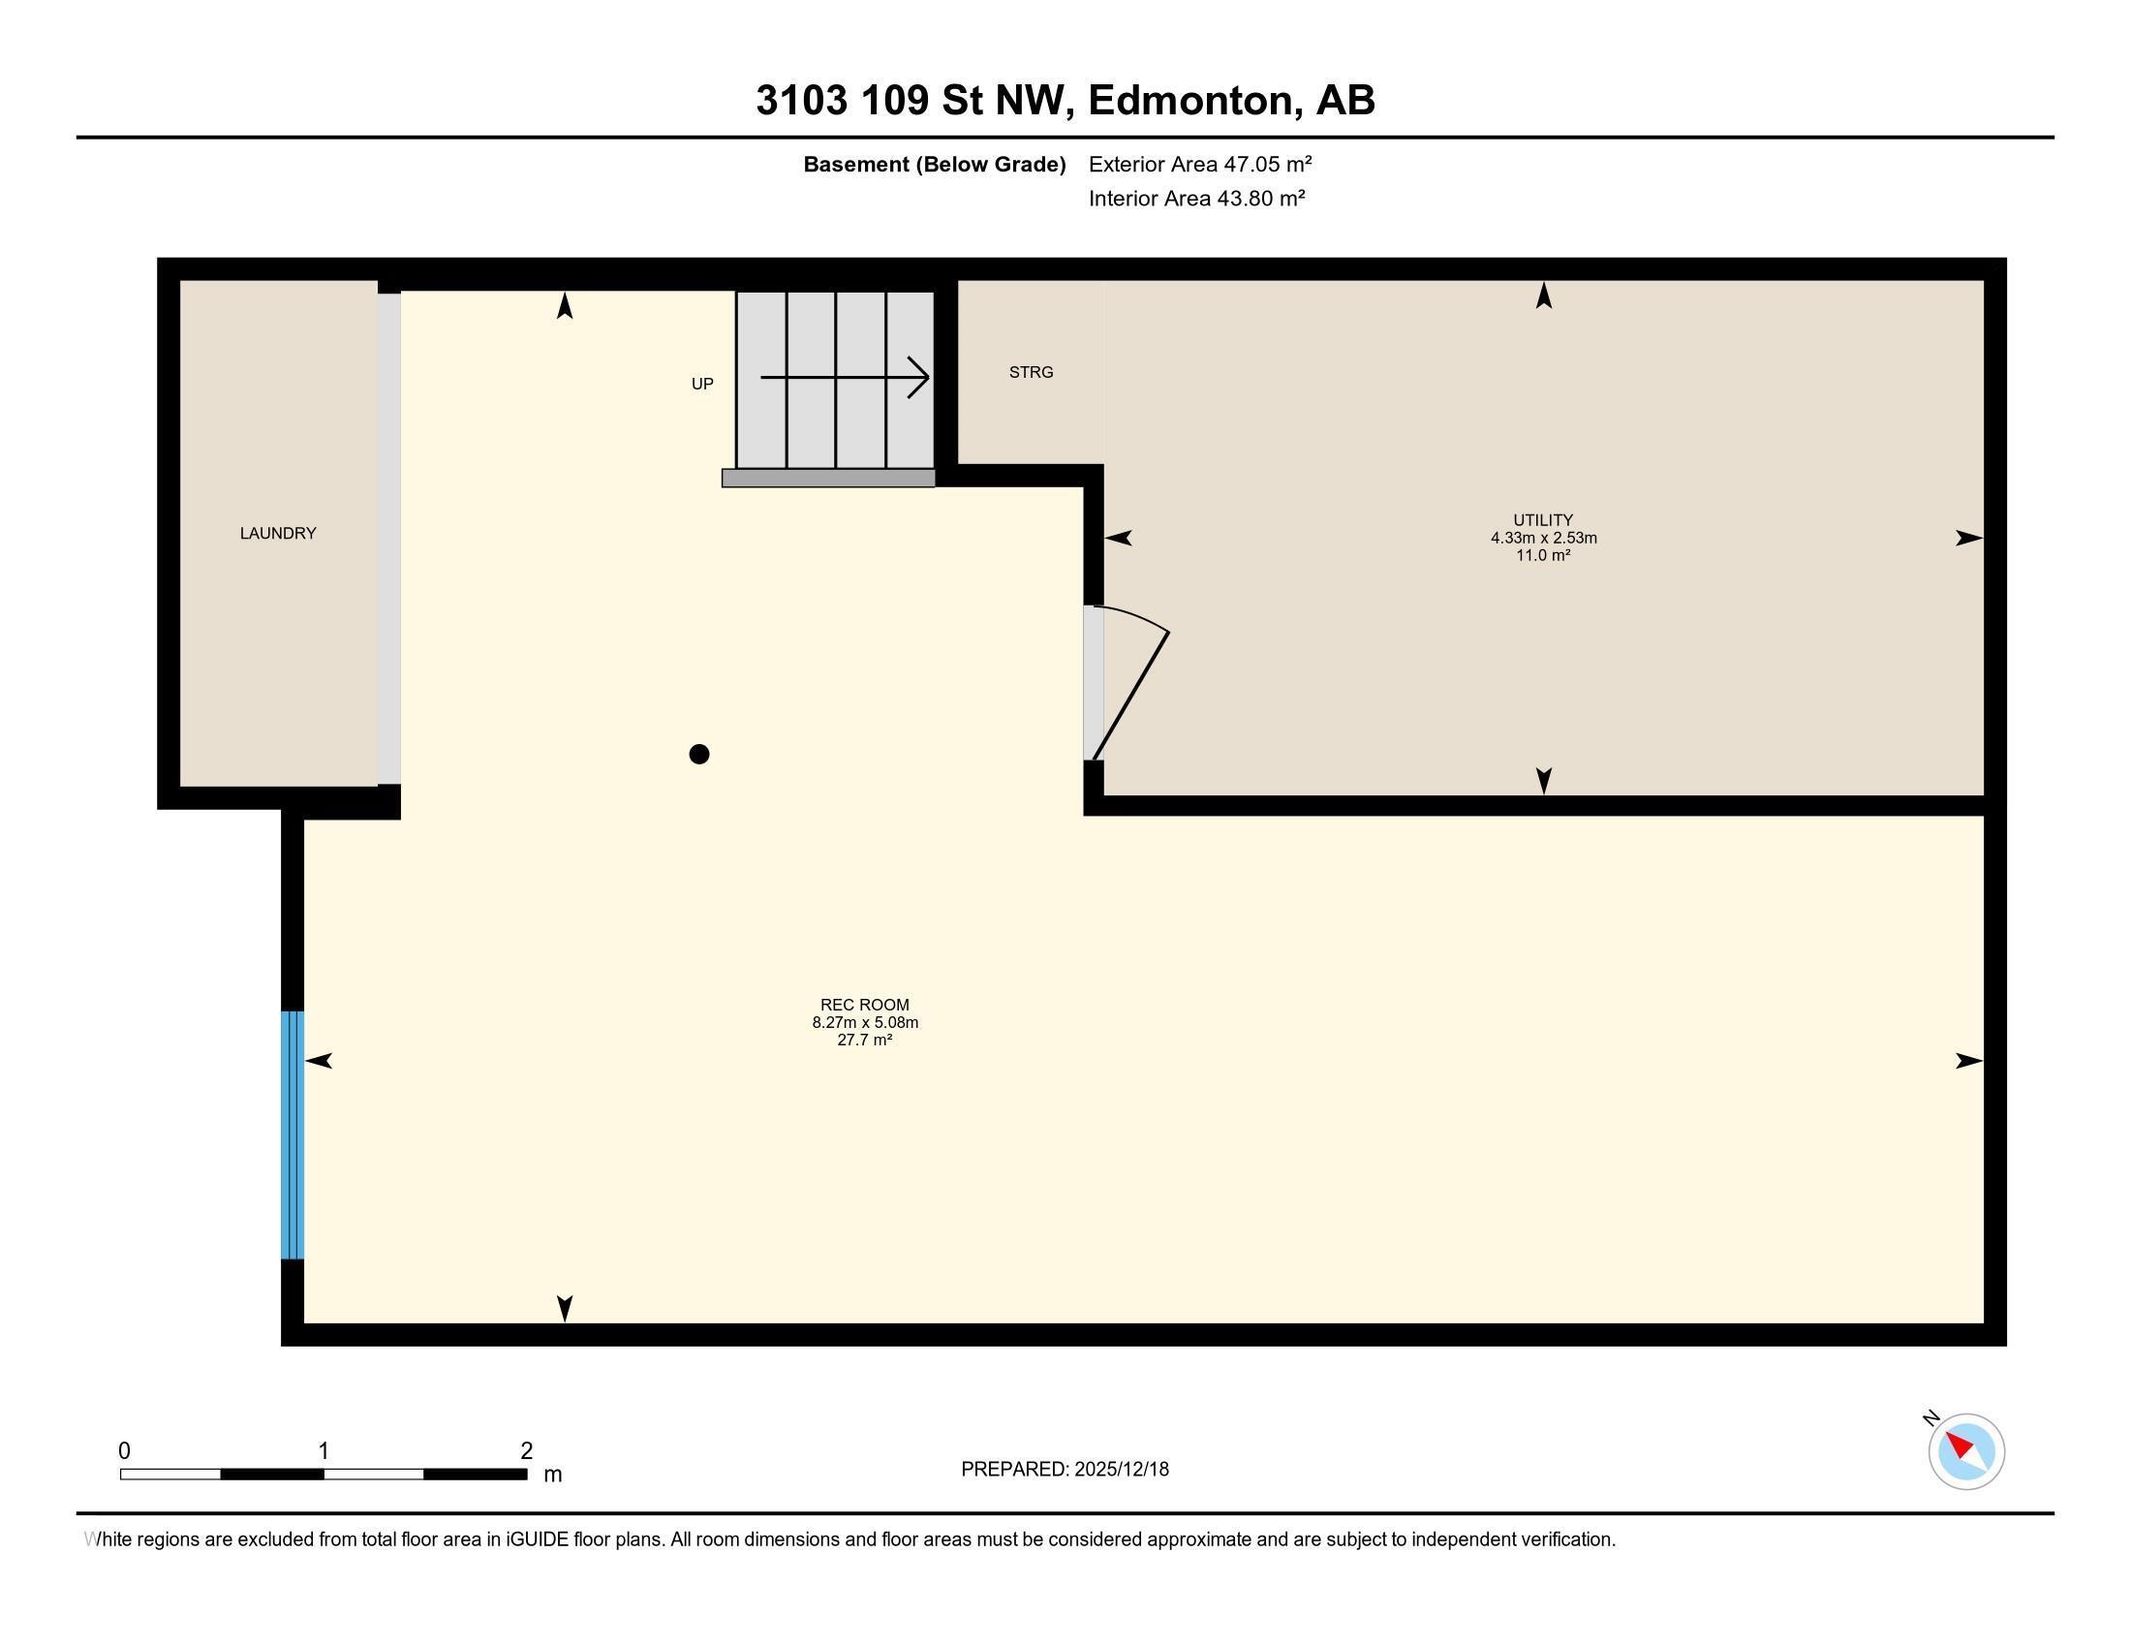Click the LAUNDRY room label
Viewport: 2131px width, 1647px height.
[x=278, y=533]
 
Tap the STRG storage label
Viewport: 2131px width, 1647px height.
[x=1031, y=372]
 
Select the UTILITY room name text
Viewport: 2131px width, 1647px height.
[x=1543, y=520]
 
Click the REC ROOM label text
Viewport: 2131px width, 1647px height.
[x=864, y=1004]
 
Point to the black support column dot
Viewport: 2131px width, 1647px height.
[x=698, y=753]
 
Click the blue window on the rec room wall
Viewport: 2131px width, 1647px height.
[x=293, y=1134]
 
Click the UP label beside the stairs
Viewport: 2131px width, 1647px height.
[x=702, y=384]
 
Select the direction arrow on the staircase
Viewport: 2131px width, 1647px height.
[x=845, y=377]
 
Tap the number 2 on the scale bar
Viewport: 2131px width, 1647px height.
[x=526, y=1451]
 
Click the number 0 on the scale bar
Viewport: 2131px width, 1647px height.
[x=124, y=1451]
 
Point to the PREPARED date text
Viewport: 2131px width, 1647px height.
[x=1065, y=1469]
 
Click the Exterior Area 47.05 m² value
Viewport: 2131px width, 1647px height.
[x=1199, y=164]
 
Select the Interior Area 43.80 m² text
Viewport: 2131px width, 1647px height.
[x=1196, y=198]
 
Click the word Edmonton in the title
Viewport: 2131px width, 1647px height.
[x=1195, y=100]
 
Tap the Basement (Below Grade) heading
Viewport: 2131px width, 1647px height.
[x=934, y=164]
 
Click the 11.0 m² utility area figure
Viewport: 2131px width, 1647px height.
[x=1543, y=555]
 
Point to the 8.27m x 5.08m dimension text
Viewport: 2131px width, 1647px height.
[x=864, y=1022]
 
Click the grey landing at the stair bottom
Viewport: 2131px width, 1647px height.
[x=828, y=478]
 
